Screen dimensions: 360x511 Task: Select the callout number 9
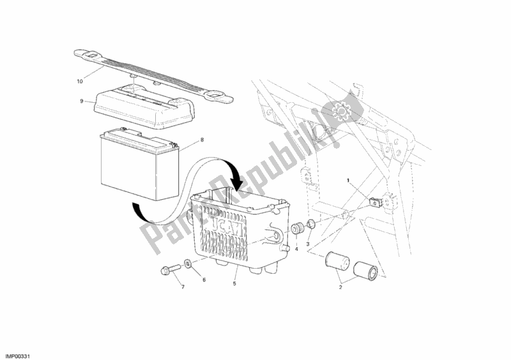point(82,100)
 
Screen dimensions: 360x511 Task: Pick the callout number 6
point(205,280)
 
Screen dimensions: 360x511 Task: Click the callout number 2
point(340,287)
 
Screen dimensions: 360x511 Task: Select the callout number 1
point(348,181)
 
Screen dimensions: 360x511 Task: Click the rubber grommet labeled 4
point(296,229)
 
